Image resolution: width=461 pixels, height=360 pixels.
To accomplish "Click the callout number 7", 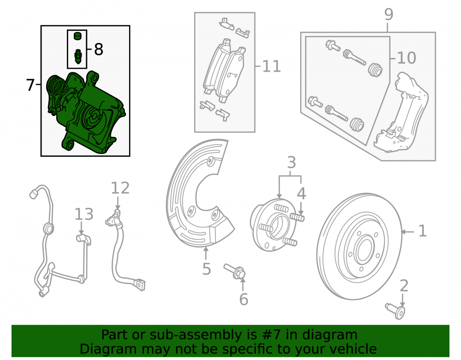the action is (30, 85).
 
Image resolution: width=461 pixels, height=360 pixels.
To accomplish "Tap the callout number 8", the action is (99, 49).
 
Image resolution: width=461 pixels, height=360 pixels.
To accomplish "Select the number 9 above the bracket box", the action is (388, 14).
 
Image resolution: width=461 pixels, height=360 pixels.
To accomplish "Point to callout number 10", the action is (406, 58).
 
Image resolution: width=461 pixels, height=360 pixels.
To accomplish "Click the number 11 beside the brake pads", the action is (271, 66).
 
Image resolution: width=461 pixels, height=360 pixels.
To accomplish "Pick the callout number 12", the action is (120, 188).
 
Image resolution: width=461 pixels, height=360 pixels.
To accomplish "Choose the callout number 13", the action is (84, 214).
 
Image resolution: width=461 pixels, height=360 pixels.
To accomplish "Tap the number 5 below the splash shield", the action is (207, 269).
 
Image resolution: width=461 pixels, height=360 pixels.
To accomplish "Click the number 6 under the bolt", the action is (244, 299).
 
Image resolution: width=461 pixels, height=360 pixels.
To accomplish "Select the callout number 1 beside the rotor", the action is (422, 231).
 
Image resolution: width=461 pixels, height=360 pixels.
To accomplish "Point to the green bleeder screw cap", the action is (77, 36).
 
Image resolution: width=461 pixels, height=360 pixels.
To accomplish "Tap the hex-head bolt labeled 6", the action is (235, 271).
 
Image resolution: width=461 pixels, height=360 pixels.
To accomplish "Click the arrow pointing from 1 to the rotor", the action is (408, 232).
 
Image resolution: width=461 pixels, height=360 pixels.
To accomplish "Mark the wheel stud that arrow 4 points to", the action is (297, 218).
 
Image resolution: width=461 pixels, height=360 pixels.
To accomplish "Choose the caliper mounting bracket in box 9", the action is (401, 112).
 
